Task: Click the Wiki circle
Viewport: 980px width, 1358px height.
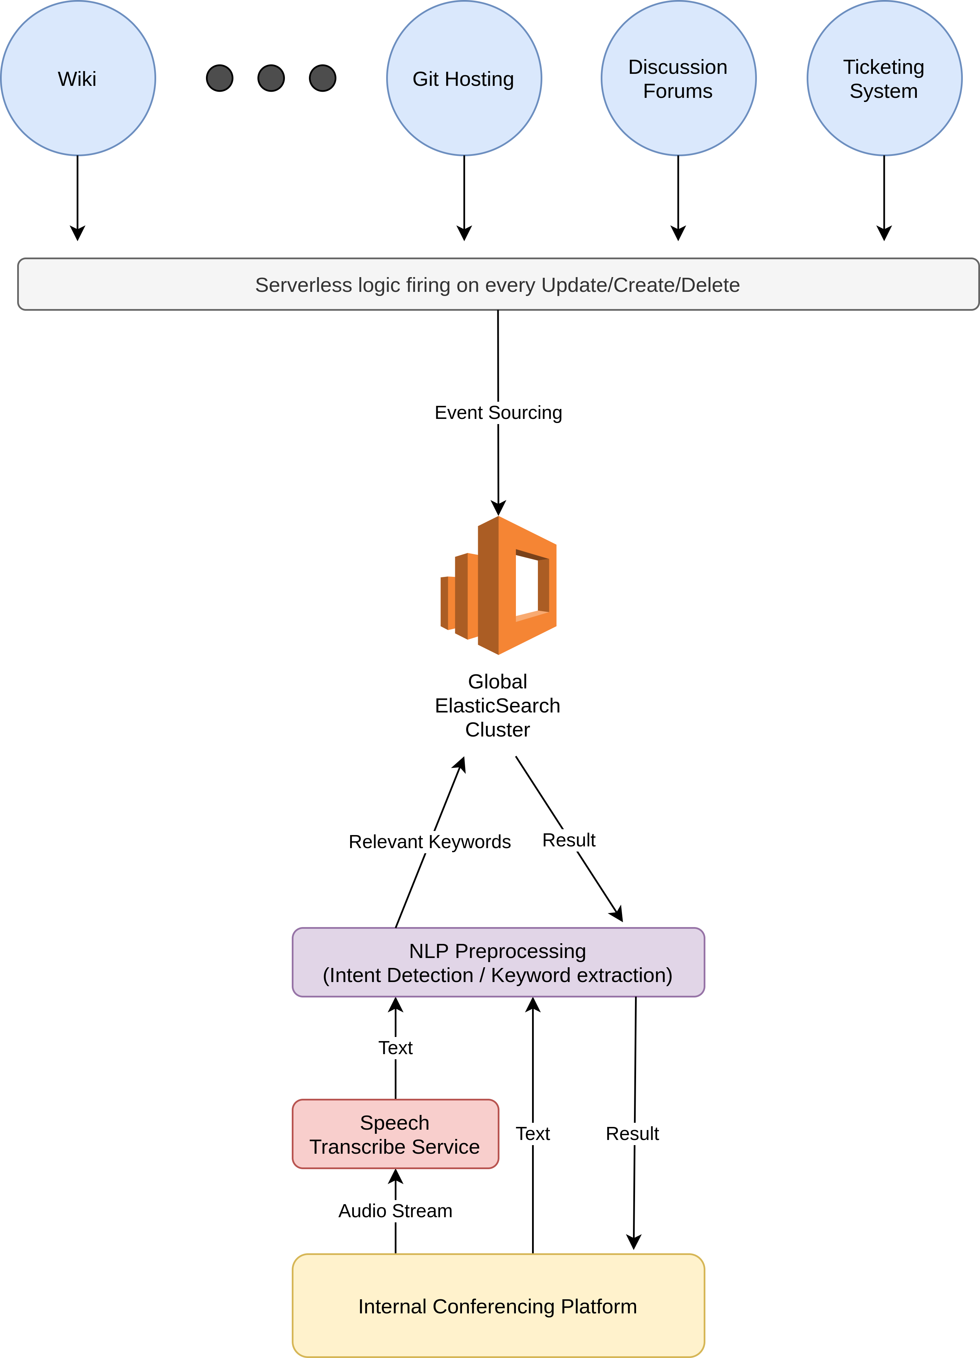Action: (x=78, y=78)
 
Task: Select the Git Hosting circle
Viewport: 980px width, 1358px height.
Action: (x=464, y=78)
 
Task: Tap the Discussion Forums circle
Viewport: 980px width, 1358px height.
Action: (x=678, y=78)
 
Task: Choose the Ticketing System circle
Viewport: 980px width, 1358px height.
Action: (x=884, y=78)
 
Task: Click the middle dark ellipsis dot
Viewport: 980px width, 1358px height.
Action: (x=271, y=78)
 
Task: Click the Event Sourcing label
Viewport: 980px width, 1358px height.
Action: (x=498, y=412)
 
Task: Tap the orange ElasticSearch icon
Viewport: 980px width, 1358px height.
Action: (x=499, y=585)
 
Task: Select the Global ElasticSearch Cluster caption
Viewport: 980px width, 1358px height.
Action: (x=497, y=705)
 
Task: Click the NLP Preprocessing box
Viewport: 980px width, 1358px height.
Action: (x=498, y=962)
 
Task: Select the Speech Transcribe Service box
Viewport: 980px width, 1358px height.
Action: (x=395, y=1134)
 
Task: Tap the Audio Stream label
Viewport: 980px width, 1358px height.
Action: (x=395, y=1211)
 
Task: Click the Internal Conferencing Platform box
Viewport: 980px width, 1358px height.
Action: (x=498, y=1306)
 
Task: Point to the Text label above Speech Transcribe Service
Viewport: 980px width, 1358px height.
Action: (x=395, y=1048)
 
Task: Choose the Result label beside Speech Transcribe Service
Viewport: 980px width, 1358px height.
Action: (x=632, y=1133)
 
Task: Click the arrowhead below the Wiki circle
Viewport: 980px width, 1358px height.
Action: (x=78, y=233)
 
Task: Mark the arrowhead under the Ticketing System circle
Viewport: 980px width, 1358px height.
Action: (x=884, y=233)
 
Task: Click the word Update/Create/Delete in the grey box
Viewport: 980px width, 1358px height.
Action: (x=641, y=285)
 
